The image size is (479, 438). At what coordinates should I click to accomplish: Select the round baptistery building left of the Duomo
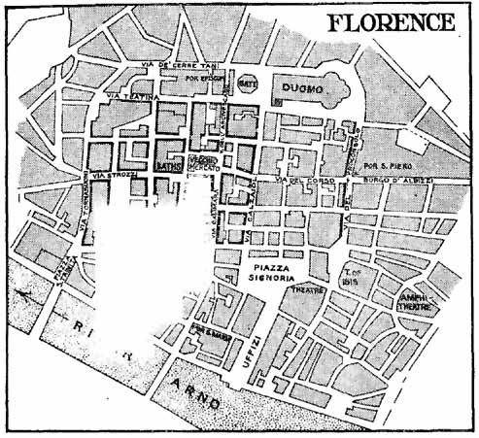[248, 84]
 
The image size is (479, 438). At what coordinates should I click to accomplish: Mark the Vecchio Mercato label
[202, 162]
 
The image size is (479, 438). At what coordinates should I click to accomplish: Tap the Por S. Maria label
[209, 327]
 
